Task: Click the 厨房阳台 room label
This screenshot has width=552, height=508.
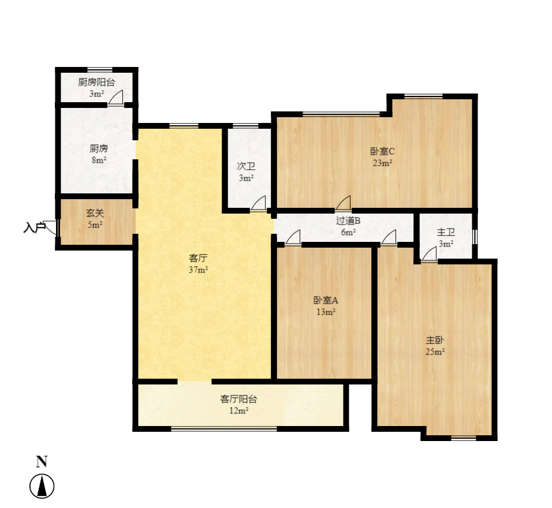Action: pyautogui.click(x=96, y=82)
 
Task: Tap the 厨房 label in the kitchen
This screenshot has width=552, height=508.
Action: pyautogui.click(x=99, y=148)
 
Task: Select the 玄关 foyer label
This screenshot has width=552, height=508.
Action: pyautogui.click(x=95, y=213)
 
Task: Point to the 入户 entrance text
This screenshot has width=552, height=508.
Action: pyautogui.click(x=34, y=227)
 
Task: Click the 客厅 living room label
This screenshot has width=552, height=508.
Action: pyautogui.click(x=198, y=259)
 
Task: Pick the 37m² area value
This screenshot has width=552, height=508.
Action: pyautogui.click(x=198, y=270)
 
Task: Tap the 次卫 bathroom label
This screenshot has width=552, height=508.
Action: pyautogui.click(x=246, y=166)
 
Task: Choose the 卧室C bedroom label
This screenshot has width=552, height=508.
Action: pyautogui.click(x=382, y=151)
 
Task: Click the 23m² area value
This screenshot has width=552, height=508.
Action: pyautogui.click(x=382, y=163)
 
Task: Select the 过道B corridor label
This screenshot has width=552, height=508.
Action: pyautogui.click(x=348, y=220)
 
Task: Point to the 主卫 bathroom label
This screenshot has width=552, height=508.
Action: pyautogui.click(x=446, y=232)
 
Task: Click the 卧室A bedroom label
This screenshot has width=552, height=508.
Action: pyautogui.click(x=326, y=300)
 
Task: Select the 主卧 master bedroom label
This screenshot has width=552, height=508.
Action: pyautogui.click(x=435, y=341)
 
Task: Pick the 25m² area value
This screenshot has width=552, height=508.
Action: pyautogui.click(x=435, y=352)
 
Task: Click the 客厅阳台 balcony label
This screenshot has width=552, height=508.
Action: pyautogui.click(x=238, y=399)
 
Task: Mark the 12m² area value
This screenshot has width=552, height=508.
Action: pyautogui.click(x=238, y=410)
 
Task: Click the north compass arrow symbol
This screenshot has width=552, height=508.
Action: pyautogui.click(x=42, y=486)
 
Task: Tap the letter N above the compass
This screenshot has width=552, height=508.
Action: pyautogui.click(x=42, y=461)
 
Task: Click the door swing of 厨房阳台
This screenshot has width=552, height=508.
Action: pyautogui.click(x=115, y=98)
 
